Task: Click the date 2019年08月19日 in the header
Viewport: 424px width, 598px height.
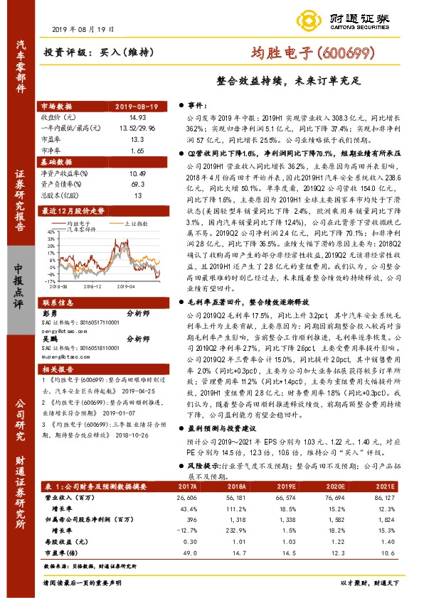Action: pyautogui.click(x=84, y=28)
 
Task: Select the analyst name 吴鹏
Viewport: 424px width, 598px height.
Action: pyautogui.click(x=49, y=339)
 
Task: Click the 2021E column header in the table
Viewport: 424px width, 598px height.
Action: pyautogui.click(x=386, y=486)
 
